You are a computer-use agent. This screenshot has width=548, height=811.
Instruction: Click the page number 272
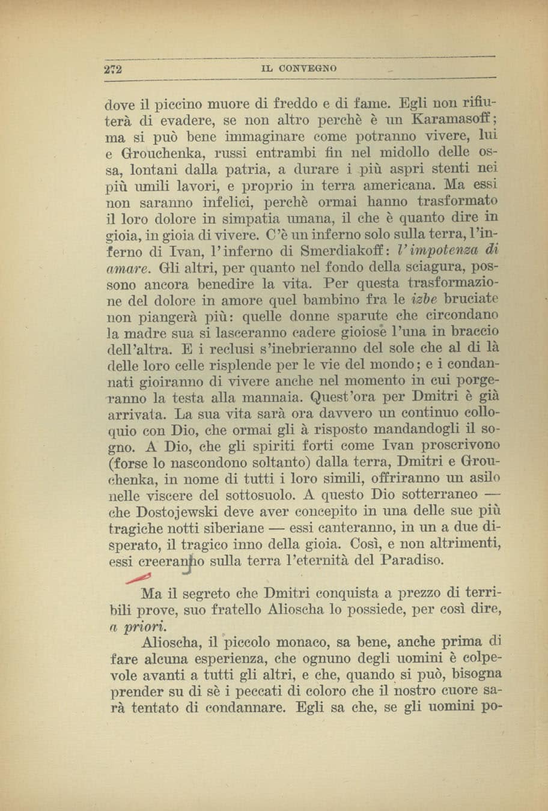click(112, 68)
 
